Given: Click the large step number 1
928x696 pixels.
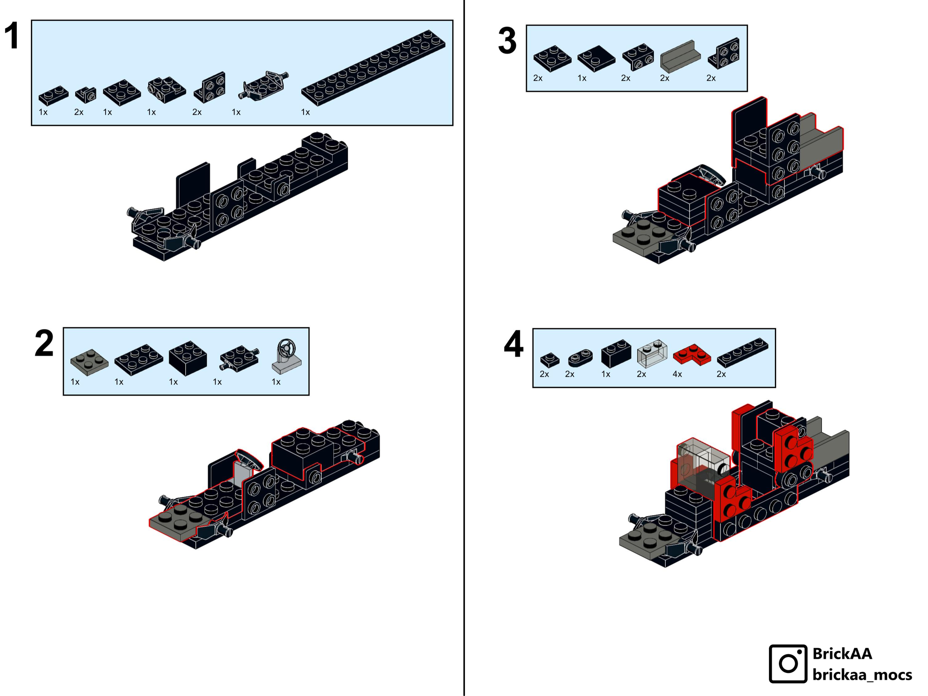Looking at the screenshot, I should pos(12,36).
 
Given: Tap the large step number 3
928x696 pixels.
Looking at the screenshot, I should pos(507,41).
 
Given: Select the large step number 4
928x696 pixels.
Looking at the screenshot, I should pos(513,344).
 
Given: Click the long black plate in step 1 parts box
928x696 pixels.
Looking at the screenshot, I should pos(373,68).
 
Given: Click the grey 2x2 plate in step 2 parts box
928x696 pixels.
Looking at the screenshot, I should pos(89,362).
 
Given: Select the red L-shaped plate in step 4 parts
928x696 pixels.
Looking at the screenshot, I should pos(691,355).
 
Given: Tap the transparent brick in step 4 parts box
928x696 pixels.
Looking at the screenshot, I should pos(652,353).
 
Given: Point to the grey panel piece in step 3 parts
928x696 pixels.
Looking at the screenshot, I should pos(680,57).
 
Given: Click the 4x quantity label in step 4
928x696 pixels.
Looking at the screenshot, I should pos(677,374).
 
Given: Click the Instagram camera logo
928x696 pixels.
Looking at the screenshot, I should pos(788,663).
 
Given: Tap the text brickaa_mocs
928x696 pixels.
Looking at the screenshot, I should pos(862,675).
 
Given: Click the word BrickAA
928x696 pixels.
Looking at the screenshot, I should pos(842,653).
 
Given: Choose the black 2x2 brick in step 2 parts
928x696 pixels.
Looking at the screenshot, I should pos(188,358).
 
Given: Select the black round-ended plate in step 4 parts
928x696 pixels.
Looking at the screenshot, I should pos(580,358).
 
